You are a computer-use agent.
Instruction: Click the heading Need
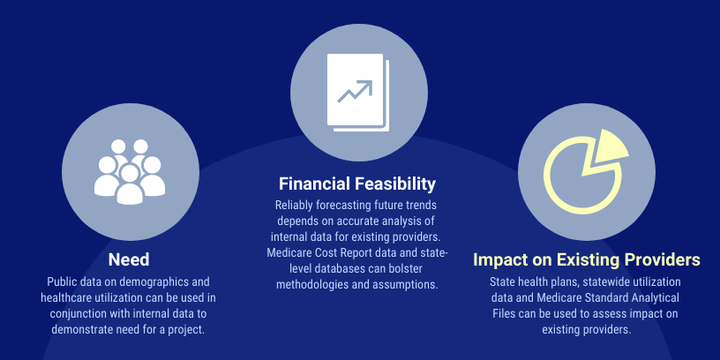pos(129,260)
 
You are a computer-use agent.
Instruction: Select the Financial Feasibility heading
pos(357,184)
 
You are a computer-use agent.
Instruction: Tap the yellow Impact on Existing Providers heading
pos(587,260)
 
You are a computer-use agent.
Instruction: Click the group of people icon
pos(130,172)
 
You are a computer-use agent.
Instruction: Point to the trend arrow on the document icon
pos(355,91)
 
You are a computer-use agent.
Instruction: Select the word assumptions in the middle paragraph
pos(409,284)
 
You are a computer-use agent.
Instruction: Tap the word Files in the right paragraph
pos(503,313)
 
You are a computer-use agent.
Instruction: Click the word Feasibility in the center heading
pos(395,184)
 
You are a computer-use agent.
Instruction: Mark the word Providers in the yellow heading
pos(662,260)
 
